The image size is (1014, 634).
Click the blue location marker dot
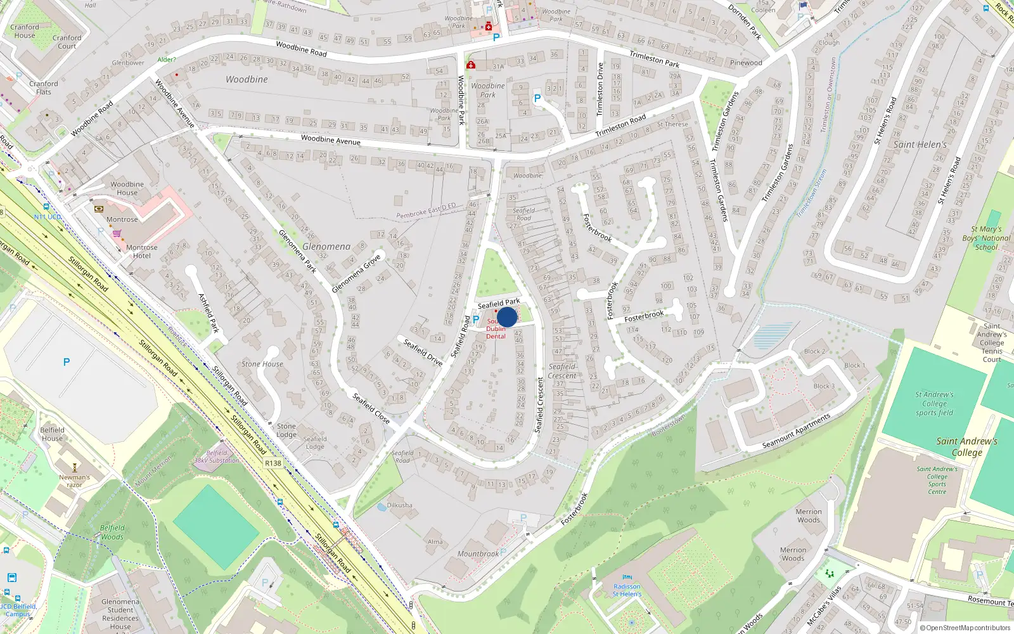(507, 317)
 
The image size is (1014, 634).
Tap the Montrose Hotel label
(142, 252)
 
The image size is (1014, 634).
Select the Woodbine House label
(127, 188)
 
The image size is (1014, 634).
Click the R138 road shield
(273, 463)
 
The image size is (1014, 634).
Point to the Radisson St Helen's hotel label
(627, 590)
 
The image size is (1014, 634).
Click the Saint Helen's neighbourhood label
(920, 145)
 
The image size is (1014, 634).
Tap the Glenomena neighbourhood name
(326, 247)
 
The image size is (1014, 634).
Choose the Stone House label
(262, 364)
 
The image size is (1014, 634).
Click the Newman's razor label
(75, 481)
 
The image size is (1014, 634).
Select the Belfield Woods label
(112, 532)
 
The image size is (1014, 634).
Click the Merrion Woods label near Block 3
(809, 515)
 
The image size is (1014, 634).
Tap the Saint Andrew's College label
(966, 446)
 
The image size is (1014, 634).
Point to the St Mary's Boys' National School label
(986, 238)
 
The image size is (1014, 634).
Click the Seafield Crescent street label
(562, 371)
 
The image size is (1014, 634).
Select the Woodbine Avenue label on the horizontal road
(330, 139)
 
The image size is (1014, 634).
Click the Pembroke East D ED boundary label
(426, 211)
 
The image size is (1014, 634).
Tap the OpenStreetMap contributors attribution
(965, 628)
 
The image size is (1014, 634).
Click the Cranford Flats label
(43, 87)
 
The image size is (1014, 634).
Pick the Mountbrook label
(478, 553)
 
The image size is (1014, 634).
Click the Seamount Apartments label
(796, 431)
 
